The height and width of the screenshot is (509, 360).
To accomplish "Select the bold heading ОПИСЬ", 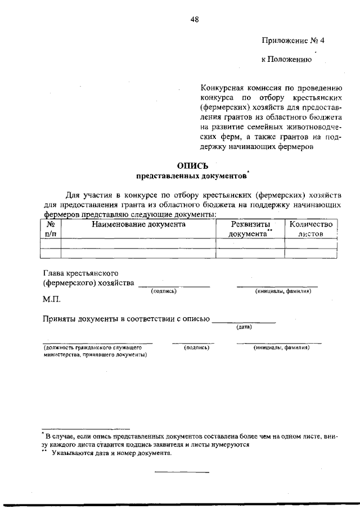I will (x=192, y=165).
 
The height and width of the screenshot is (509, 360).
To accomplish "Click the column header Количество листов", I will (x=311, y=229).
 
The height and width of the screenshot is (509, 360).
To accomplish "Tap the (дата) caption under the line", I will (x=244, y=327).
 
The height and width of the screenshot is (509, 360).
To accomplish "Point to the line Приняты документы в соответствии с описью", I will (x=126, y=319).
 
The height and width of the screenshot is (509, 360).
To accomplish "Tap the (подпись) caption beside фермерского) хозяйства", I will (x=164, y=291).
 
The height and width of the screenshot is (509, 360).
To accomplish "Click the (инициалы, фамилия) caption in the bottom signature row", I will (x=281, y=348).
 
